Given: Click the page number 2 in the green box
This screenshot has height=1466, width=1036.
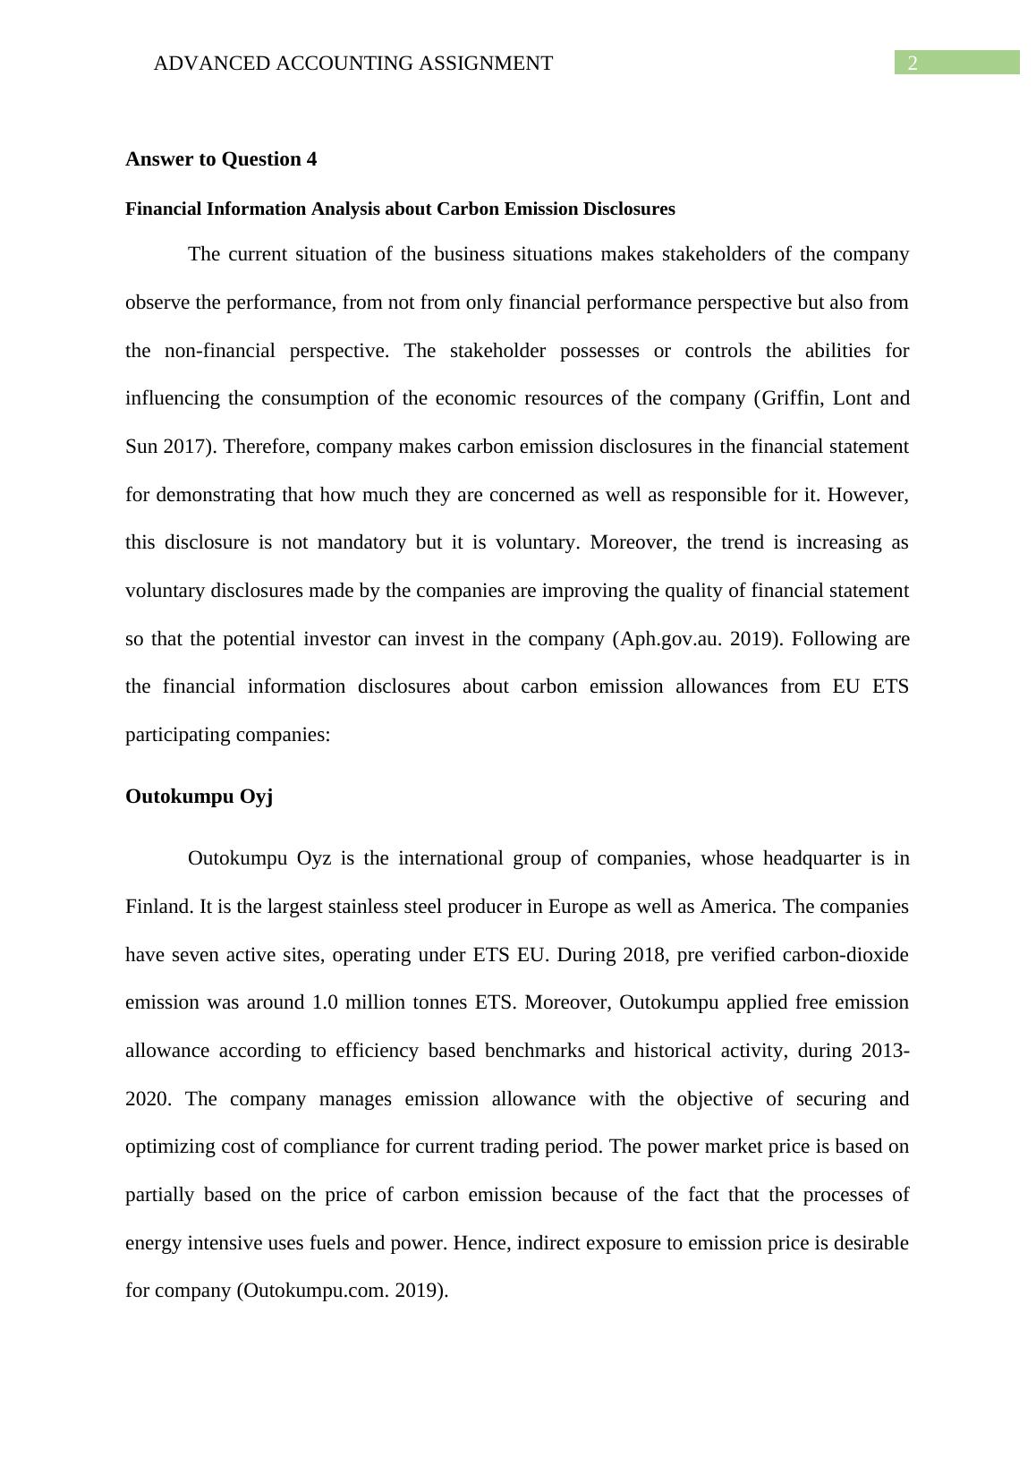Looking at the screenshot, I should point(913,63).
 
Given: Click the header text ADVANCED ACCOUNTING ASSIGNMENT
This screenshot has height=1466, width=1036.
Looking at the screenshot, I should point(352,64).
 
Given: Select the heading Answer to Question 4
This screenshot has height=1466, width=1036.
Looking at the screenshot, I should point(221,159).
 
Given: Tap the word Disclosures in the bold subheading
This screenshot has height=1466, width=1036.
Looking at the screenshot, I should point(629,209).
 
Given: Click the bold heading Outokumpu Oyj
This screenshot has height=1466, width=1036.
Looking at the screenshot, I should point(199,797).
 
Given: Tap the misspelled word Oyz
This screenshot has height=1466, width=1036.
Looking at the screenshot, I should point(314,858).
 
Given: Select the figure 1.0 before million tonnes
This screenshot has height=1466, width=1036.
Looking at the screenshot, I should point(325,1002).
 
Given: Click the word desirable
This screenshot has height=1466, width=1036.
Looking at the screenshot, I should point(870,1243).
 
